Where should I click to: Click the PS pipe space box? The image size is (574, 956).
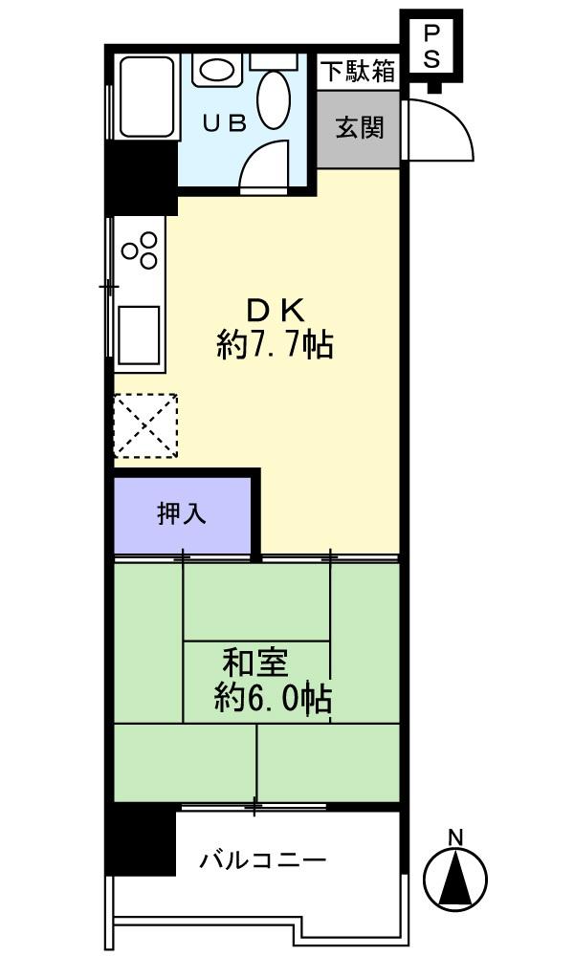point(431,46)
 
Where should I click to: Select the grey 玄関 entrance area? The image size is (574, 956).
point(359,128)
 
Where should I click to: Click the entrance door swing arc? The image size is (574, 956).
point(445,129)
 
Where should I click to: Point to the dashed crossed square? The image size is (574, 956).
point(145,424)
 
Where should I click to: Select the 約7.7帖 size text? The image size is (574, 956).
point(275,344)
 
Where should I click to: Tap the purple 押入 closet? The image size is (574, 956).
point(183,514)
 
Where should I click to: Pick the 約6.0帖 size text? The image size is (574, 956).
point(273,700)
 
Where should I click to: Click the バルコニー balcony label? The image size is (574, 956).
point(263,860)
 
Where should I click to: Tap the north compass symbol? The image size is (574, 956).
point(456,878)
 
